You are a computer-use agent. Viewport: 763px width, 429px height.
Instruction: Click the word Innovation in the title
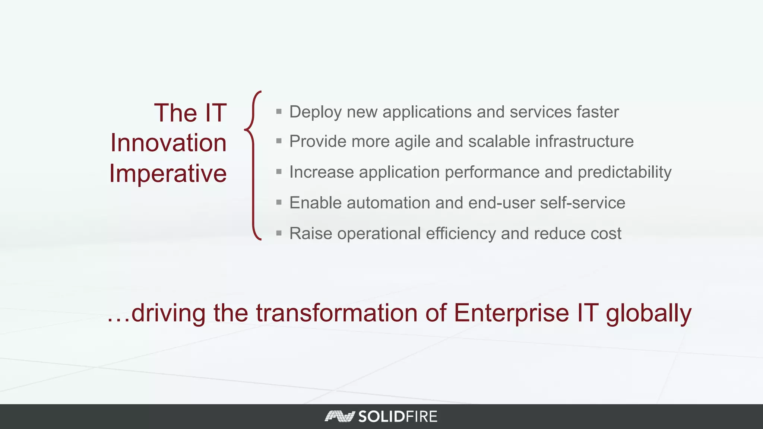tap(168, 143)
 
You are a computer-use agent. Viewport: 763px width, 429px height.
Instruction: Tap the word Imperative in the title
tap(168, 174)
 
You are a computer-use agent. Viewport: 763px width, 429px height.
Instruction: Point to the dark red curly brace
tap(253, 166)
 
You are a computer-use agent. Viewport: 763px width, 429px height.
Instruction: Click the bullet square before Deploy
tap(279, 111)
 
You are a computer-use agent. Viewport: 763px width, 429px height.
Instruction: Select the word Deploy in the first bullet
tap(315, 112)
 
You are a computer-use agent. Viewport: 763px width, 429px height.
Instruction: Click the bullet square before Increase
tap(279, 172)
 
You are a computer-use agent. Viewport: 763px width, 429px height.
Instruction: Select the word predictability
tap(624, 172)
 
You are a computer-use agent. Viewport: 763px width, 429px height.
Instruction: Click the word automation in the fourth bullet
tap(388, 203)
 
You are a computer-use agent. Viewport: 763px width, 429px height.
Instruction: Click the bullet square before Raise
tap(279, 233)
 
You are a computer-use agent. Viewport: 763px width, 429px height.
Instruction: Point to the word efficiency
tap(460, 234)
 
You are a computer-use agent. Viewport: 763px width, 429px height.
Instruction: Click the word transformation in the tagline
tap(336, 313)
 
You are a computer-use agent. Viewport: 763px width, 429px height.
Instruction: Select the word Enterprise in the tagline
tap(511, 314)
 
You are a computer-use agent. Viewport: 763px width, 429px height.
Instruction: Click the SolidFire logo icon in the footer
tap(339, 416)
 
